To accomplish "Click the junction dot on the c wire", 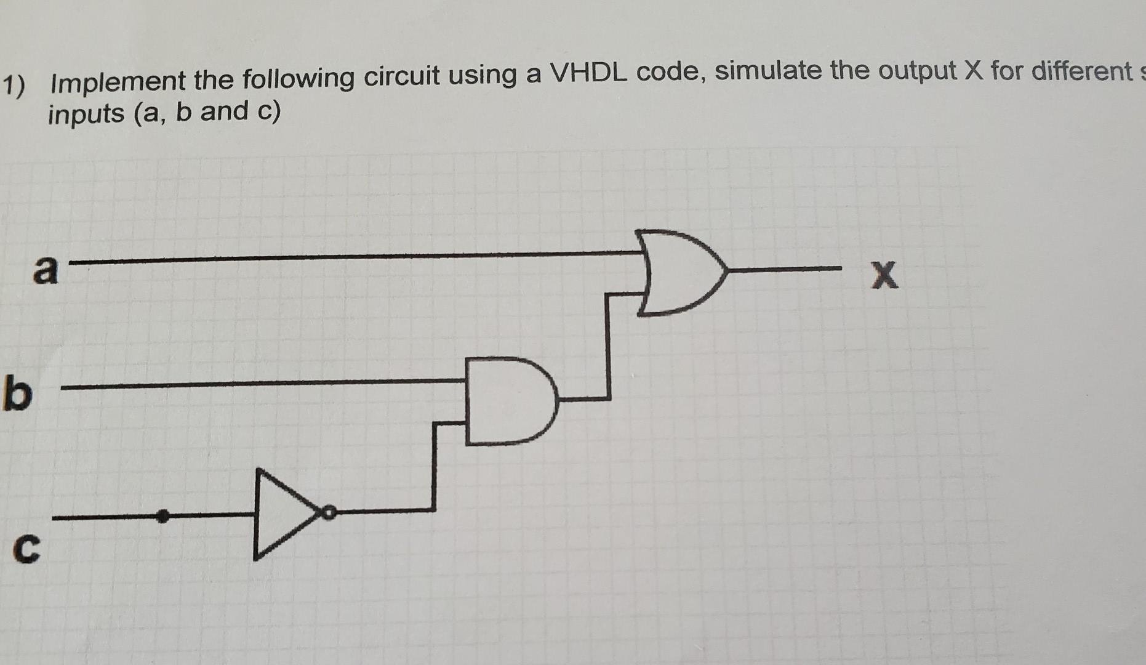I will (162, 516).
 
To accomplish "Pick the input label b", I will (17, 396).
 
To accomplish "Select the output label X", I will (884, 275).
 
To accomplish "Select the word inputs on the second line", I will (86, 114).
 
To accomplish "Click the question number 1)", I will (14, 85).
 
